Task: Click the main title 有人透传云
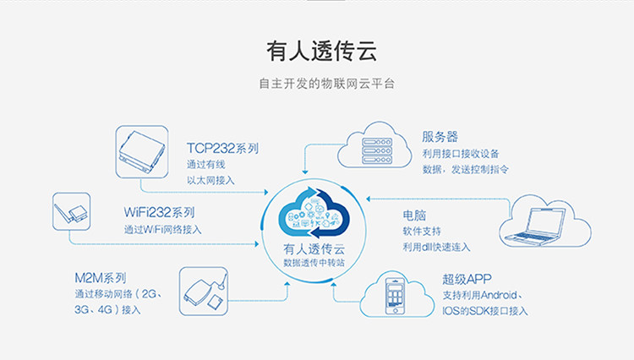coord(316,51)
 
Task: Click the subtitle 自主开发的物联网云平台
coord(316,85)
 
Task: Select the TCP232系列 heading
coord(223,148)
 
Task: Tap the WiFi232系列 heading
coord(160,212)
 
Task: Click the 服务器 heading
coord(440,136)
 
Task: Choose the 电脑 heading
coord(414,214)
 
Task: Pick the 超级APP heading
coord(467,279)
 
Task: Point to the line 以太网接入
coord(210,180)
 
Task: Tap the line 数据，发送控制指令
coord(465,169)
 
